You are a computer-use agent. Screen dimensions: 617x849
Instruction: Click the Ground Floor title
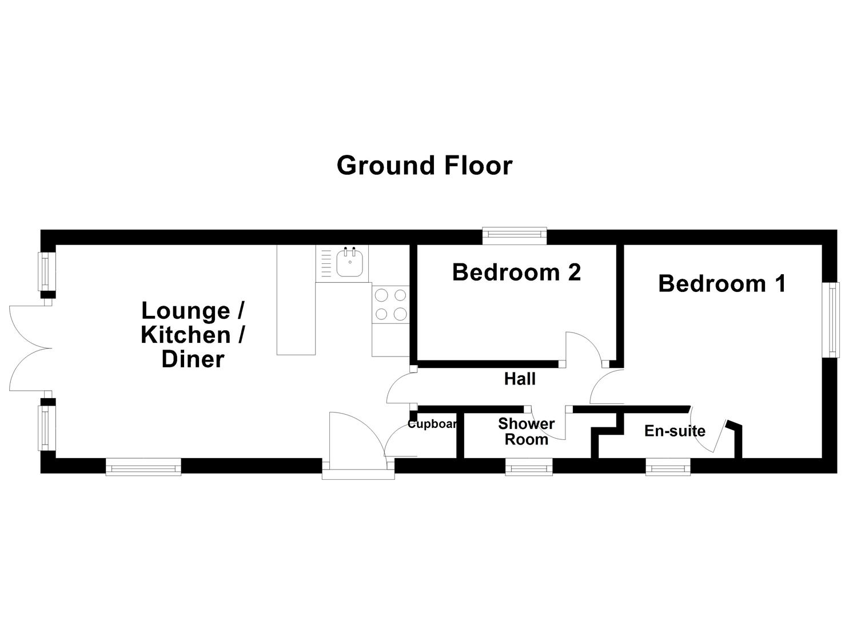point(424,166)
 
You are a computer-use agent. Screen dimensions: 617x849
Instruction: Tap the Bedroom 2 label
point(516,273)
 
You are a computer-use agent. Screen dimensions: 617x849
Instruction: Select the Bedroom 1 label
point(722,284)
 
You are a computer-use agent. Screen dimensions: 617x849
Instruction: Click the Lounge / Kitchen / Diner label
point(193,335)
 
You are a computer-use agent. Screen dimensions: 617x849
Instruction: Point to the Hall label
point(520,379)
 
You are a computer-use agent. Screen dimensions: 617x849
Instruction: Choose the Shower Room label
point(526,431)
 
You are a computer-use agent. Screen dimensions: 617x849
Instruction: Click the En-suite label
point(675,431)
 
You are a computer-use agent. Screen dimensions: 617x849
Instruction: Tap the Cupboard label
point(432,424)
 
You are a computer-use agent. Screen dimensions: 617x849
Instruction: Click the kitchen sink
point(349,263)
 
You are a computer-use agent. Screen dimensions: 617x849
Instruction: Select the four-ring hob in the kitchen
point(390,304)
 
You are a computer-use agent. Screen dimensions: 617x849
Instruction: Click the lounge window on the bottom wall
point(144,467)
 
